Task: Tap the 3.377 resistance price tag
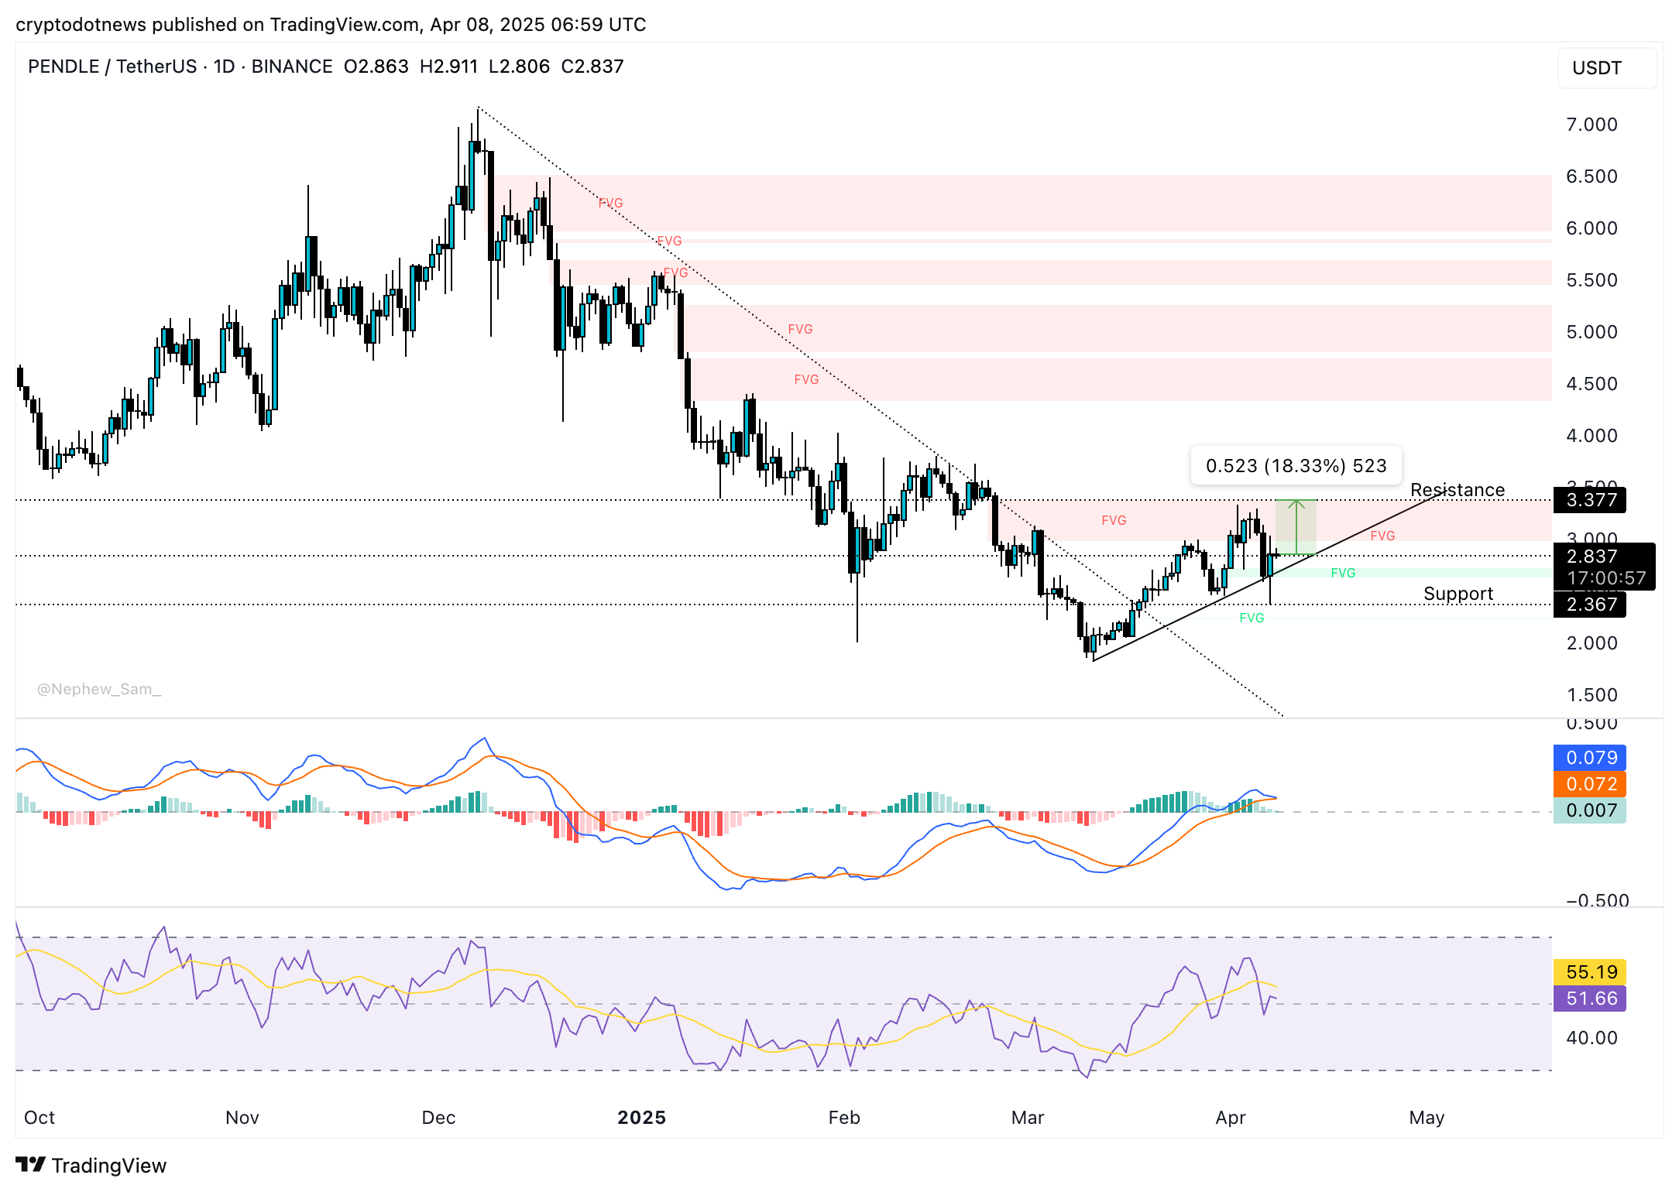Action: (1590, 500)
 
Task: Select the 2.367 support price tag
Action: (1590, 605)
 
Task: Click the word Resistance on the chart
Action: (1457, 490)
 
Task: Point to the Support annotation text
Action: (1458, 594)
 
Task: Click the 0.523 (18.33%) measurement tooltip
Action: (1296, 466)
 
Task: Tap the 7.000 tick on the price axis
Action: (1591, 125)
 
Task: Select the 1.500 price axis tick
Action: (1591, 695)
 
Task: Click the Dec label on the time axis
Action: (438, 1118)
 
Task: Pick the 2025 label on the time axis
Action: (641, 1118)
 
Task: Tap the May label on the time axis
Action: (1427, 1118)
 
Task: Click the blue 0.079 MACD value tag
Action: (1590, 758)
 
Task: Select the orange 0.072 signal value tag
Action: (1590, 784)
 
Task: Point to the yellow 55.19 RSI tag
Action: (1590, 972)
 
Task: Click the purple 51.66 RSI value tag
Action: (1590, 998)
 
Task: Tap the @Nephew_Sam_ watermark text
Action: (99, 689)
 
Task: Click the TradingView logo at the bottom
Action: (91, 1166)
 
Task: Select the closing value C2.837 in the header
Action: (592, 67)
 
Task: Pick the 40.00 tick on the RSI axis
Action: (1591, 1038)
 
